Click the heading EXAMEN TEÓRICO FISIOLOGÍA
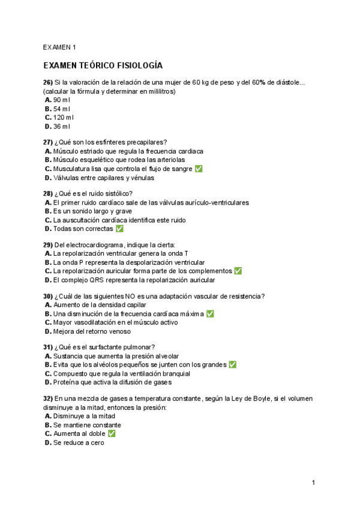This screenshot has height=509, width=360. click(x=103, y=65)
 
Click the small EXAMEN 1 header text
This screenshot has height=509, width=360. click(x=59, y=47)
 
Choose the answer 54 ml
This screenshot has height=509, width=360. click(x=61, y=109)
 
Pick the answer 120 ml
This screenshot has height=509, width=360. click(x=63, y=118)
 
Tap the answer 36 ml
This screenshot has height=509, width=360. click(x=61, y=127)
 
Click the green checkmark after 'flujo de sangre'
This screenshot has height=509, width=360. click(x=199, y=169)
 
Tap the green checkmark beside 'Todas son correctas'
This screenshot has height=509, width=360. click(x=119, y=229)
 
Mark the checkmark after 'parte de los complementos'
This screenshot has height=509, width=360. click(x=238, y=271)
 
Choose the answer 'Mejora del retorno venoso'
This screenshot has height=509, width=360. click(x=92, y=331)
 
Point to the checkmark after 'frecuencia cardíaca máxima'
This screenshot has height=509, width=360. click(x=210, y=313)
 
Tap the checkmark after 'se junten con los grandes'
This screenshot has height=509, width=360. click(x=232, y=364)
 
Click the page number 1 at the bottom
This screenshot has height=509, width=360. click(x=313, y=483)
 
